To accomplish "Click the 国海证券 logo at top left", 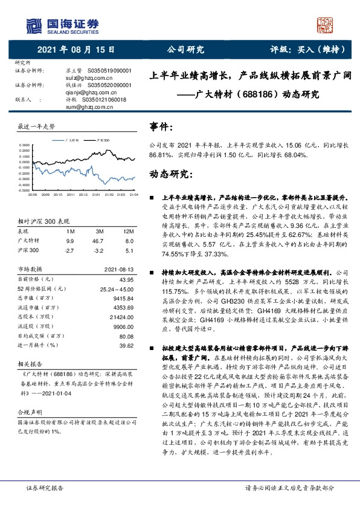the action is (x=60, y=24).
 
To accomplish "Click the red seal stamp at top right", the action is (x=327, y=25).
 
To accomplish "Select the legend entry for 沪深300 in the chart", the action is (x=103, y=140).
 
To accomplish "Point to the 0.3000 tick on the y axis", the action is (x=24, y=146).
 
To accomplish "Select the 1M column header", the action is (x=70, y=232).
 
